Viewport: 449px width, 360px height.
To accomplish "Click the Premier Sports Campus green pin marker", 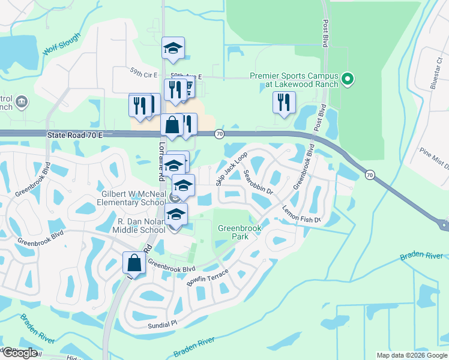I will click(347, 79).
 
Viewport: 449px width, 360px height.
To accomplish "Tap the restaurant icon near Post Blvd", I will click(284, 103).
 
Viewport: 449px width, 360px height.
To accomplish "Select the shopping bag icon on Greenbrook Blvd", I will click(133, 263).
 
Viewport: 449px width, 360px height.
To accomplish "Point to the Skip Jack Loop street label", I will click(232, 169).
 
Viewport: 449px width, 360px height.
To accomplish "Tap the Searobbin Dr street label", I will click(259, 182).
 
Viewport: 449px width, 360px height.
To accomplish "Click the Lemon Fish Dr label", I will click(302, 213).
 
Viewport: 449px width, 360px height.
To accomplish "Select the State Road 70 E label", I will click(75, 136).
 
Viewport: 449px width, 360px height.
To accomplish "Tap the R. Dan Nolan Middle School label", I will click(141, 226).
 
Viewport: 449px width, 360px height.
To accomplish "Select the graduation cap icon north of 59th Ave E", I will click(173, 47).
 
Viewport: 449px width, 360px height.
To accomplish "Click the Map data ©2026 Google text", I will click(412, 355).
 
